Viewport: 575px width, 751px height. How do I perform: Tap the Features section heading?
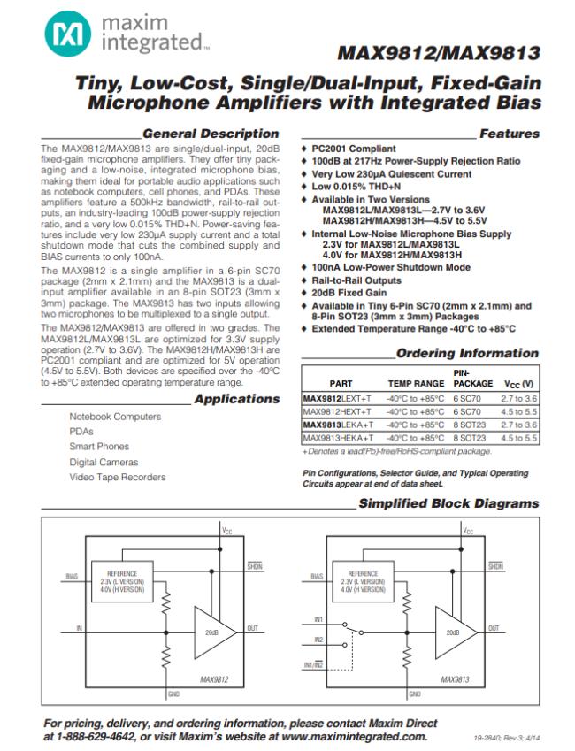coord(509,134)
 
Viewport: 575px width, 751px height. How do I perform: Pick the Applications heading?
coord(236,398)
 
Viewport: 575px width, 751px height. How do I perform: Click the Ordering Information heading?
coord(467,353)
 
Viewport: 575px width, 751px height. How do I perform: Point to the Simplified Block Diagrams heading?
coord(448,503)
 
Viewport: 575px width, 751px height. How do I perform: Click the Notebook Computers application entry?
coord(115,417)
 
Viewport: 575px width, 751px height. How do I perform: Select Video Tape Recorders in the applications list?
coord(117,477)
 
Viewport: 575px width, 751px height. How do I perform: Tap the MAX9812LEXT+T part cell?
coord(337,399)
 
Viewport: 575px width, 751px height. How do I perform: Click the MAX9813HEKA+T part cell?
coord(338,438)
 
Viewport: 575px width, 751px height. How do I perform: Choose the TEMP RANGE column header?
coord(416,384)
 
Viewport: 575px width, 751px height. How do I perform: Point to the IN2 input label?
coord(319,640)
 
